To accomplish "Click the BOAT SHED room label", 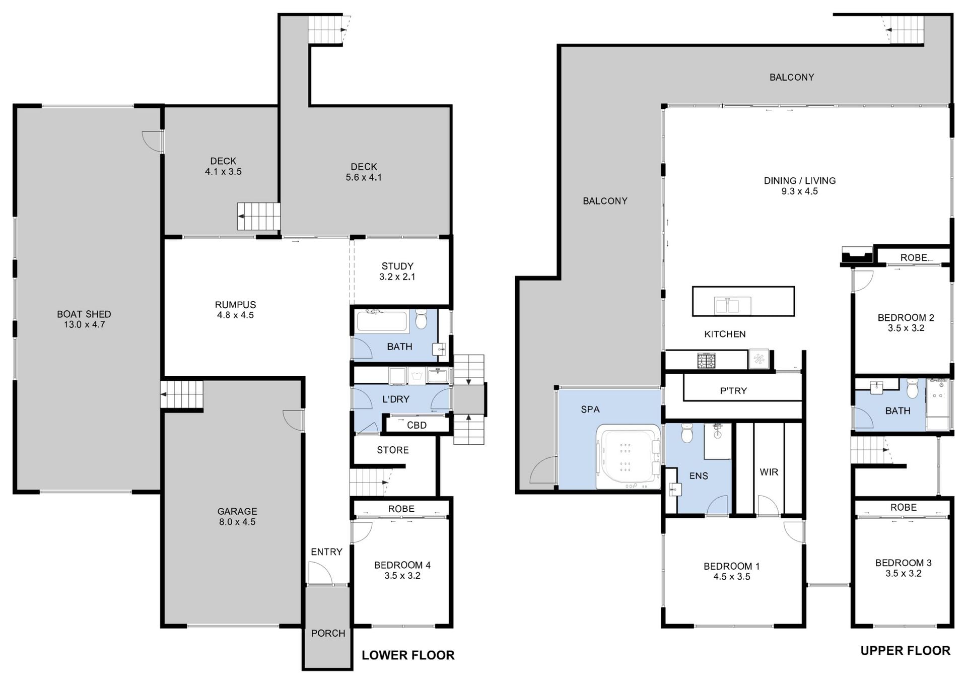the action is coord(84,314).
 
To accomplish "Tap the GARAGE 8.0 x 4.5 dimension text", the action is coord(237,522).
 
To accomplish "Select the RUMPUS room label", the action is coord(235,305).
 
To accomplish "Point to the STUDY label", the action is coord(397,266).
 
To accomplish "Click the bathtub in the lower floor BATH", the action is coord(382,321).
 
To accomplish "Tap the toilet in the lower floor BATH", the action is coord(421,319).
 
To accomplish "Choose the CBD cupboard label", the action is coord(417,425).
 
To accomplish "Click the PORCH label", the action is coord(328,633).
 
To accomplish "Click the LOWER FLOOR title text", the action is coord(408,655).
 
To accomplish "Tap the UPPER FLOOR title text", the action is coord(905,651).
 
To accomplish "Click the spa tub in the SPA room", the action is coord(628,457).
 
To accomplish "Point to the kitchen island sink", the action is coord(733,306).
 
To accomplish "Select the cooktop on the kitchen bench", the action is coord(706,360).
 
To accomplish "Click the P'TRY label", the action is coord(733,391).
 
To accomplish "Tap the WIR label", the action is coord(769,472).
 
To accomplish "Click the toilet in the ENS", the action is coord(687,433).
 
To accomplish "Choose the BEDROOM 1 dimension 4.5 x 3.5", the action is coord(731,577).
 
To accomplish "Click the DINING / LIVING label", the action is coord(799,180).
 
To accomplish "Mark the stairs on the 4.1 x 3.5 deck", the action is coord(259,216).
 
